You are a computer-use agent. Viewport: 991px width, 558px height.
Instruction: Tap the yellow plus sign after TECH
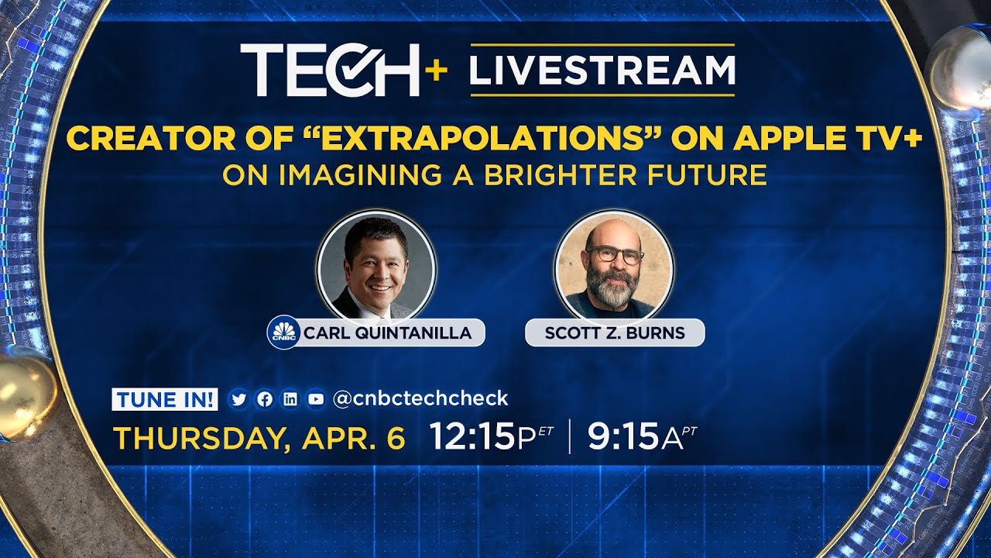[436, 70]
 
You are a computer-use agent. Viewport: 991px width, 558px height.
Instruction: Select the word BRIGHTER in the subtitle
[548, 175]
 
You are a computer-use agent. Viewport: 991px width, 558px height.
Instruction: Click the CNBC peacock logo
[283, 333]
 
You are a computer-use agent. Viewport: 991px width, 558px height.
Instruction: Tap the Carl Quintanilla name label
[387, 333]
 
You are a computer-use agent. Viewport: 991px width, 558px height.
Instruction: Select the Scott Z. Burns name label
[615, 333]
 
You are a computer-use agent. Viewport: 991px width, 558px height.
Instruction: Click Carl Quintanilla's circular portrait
[376, 267]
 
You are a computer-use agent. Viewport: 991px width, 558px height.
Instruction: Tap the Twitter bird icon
[238, 399]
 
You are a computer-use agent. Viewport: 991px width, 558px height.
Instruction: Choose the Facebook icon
[264, 399]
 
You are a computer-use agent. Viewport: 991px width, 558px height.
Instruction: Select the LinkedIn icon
[290, 399]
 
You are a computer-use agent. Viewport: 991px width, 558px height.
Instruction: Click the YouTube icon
[315, 399]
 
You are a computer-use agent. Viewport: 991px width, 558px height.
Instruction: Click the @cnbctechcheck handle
[420, 398]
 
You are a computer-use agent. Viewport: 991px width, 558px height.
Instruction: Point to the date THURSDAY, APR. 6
[259, 439]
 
